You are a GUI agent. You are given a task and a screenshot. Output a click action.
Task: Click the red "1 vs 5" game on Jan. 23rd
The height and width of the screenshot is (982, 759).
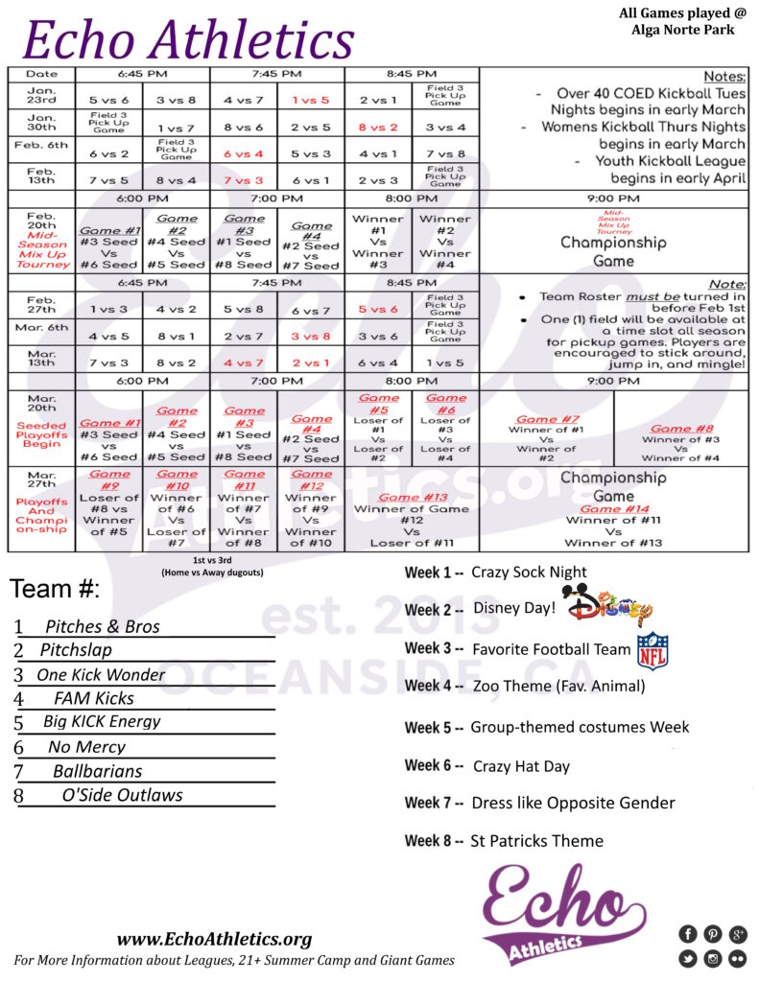310,99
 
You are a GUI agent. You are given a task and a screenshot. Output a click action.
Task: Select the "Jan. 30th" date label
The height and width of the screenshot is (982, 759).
41,122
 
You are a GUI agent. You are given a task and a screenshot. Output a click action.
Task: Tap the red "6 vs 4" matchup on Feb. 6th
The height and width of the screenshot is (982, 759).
244,153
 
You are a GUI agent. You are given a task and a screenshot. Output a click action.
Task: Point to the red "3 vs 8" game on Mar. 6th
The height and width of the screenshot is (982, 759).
311,337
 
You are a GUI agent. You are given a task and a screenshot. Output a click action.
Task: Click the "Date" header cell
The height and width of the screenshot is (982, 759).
41,74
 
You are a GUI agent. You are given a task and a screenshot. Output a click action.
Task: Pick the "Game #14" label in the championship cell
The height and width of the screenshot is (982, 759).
613,508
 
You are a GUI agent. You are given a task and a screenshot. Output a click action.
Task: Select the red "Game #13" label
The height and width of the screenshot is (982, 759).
412,497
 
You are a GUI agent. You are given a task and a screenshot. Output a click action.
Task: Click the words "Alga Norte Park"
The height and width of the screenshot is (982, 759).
683,30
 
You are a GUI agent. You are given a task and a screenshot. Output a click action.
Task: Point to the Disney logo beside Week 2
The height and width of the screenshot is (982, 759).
608,606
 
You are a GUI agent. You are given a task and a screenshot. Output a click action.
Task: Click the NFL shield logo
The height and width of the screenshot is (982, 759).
652,650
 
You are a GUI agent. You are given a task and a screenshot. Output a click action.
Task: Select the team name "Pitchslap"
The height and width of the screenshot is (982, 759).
75,650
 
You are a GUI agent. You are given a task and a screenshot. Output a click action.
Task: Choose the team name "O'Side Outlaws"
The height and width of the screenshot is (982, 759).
122,795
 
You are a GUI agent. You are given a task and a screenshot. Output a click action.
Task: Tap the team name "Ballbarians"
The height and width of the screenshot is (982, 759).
97,771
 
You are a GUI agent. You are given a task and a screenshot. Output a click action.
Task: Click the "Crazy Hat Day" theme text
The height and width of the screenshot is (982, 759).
521,766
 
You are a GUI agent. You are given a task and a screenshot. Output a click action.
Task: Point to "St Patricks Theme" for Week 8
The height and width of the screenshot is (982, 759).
536,841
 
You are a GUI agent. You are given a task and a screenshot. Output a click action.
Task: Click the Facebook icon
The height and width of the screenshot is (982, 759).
687,934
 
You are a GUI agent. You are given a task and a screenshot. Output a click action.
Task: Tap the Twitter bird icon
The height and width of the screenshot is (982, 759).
687,958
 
